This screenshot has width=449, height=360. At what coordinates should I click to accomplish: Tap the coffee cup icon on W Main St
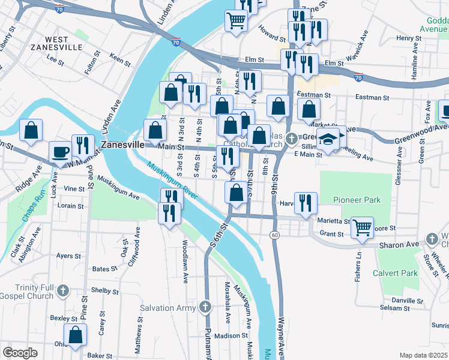(x=59, y=152)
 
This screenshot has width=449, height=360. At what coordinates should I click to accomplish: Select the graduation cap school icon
(x=328, y=139)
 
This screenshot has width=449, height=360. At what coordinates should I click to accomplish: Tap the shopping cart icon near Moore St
(x=362, y=227)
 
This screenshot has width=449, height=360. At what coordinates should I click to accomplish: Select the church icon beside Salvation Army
(x=205, y=308)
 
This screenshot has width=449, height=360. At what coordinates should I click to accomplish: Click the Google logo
(x=20, y=353)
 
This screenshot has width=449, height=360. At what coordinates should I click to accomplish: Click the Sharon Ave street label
(x=402, y=245)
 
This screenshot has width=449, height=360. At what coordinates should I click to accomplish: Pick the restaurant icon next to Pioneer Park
(x=306, y=202)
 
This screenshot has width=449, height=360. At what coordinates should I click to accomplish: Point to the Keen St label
(x=120, y=60)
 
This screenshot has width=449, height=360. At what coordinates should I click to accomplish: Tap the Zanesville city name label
(x=122, y=145)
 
